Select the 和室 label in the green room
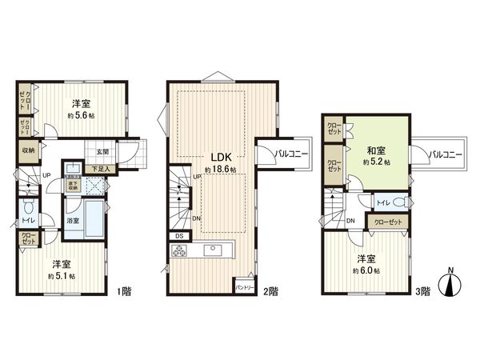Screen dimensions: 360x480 click(377, 150)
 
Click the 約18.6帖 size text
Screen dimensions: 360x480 click(218, 170)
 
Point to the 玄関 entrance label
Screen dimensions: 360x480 click(104, 152)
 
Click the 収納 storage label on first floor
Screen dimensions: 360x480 click(28, 149)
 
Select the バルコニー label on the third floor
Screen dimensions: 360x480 click(444, 154)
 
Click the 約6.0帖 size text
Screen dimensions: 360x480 click(367, 270)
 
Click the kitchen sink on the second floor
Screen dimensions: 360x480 click(214, 250)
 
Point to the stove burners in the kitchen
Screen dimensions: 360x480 click(178, 250)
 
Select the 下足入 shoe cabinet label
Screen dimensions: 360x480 click(100, 169)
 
